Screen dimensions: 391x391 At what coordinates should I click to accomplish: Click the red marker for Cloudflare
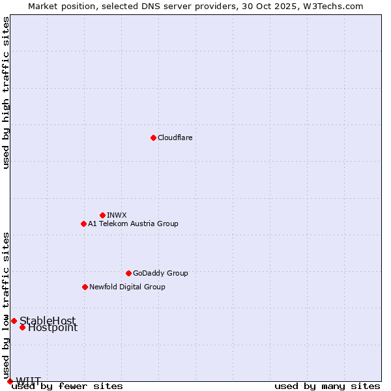coord(153,138)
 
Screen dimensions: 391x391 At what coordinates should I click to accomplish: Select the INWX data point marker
coord(102,215)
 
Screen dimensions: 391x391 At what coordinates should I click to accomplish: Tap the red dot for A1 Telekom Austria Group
coord(83,224)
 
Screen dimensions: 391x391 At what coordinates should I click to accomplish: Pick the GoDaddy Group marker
coord(128,273)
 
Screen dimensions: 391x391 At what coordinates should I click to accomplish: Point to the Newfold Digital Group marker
coord(85,287)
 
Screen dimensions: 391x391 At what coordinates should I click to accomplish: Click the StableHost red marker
coord(14,321)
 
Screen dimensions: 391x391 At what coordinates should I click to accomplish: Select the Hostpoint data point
coord(22,327)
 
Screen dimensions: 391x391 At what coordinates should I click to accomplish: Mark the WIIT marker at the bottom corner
coord(10,381)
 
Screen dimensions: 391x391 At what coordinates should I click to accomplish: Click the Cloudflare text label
coord(175,138)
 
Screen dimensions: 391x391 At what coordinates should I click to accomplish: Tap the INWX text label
coord(117,215)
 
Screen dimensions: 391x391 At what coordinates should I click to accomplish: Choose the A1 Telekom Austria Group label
coord(133,224)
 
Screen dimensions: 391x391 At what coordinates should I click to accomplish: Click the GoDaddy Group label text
coord(160,273)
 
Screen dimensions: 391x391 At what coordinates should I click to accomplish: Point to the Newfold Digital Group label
coord(127,287)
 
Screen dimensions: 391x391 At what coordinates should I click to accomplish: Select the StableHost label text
coord(48,321)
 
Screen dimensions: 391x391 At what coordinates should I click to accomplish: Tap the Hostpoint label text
coord(53,328)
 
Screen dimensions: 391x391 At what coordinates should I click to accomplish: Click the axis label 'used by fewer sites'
coord(68,386)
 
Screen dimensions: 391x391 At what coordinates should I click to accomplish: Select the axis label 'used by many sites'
coord(327,386)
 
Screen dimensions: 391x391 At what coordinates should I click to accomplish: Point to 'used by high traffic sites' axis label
coord(6,93)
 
